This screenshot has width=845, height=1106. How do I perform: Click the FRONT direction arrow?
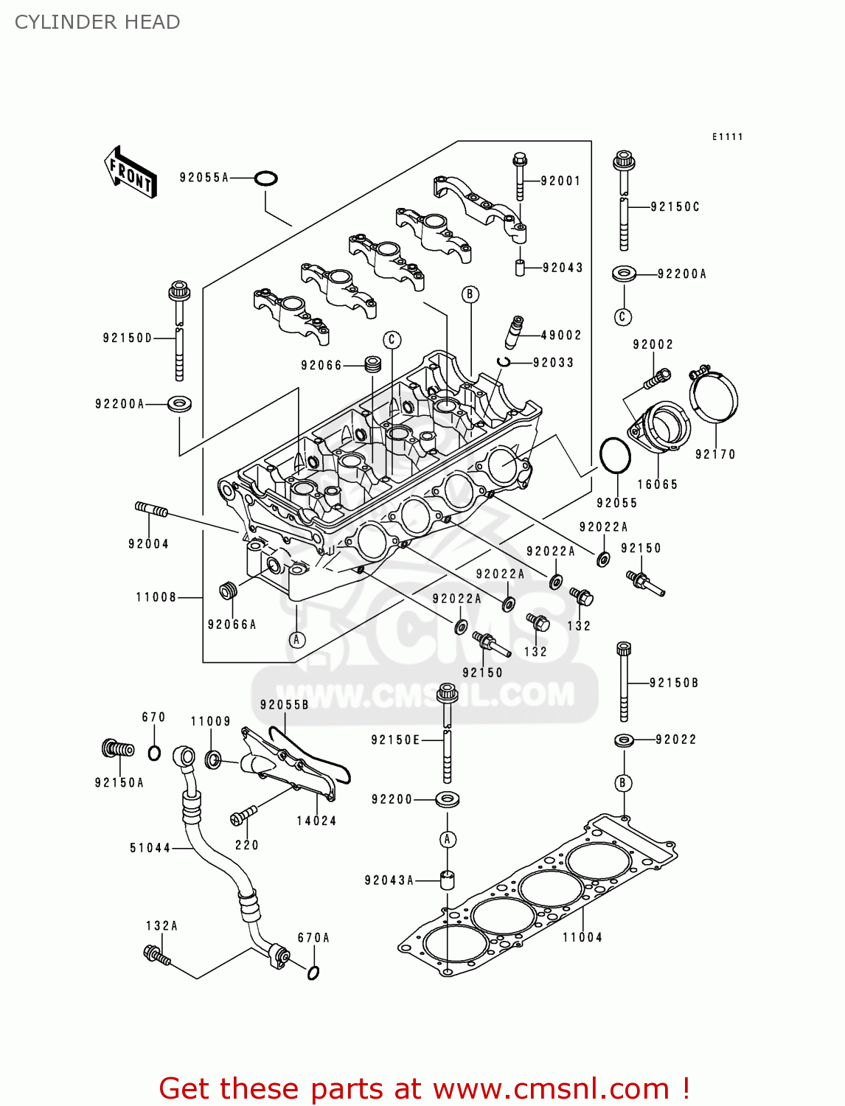click(131, 173)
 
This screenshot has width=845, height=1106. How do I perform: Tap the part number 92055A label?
click(204, 178)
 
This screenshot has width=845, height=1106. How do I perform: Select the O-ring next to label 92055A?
click(265, 178)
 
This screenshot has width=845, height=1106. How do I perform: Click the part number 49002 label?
click(561, 335)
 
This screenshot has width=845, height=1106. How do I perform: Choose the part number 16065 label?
click(657, 484)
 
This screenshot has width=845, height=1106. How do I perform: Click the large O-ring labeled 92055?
click(615, 456)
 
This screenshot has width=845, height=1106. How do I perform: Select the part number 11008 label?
click(156, 597)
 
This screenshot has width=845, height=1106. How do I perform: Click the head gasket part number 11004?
click(583, 937)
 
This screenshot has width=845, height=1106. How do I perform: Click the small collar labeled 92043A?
click(447, 880)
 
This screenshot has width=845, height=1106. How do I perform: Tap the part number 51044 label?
click(150, 848)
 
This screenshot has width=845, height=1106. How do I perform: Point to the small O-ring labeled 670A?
click(313, 973)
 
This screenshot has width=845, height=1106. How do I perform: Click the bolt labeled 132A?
click(157, 956)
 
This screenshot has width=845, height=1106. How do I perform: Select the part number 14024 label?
click(316, 821)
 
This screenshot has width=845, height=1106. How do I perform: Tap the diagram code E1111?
click(727, 137)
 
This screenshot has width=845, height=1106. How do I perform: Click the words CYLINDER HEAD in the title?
click(97, 22)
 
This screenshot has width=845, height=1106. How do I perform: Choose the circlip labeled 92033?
click(504, 361)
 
